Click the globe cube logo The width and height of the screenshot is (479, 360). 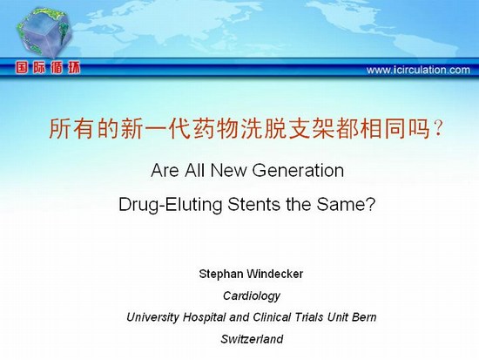pyautogui.click(x=44, y=32)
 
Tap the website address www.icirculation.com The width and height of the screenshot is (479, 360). pyautogui.click(x=418, y=70)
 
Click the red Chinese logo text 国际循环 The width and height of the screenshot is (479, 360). pyautogui.click(x=48, y=68)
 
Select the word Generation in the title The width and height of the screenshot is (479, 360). pyautogui.click(x=298, y=170)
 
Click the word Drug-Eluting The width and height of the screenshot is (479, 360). pyautogui.click(x=170, y=205)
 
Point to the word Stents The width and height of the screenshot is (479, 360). pyautogui.click(x=253, y=204)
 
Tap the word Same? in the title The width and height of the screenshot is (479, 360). pyautogui.click(x=346, y=204)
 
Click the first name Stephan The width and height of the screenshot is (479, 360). pyautogui.click(x=221, y=274)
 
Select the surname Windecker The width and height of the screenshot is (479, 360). pyautogui.click(x=275, y=274)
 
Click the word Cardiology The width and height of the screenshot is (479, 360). pyautogui.click(x=252, y=295)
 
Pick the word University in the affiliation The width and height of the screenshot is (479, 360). pyautogui.click(x=152, y=317)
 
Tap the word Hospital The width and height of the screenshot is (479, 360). pyautogui.click(x=204, y=317)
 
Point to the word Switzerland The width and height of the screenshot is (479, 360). pyautogui.click(x=252, y=339)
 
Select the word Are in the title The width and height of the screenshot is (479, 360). pyautogui.click(x=165, y=170)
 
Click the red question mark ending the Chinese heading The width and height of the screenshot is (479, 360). pyautogui.click(x=438, y=129)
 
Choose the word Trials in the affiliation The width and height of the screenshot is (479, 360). pyautogui.click(x=308, y=317)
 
